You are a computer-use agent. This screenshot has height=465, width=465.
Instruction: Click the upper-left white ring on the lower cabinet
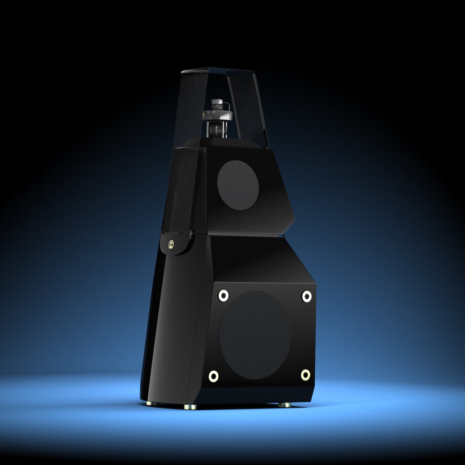[223, 295]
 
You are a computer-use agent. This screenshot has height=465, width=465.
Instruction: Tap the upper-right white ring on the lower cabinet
[307, 296]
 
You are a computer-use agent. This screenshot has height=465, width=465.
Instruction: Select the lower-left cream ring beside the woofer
[214, 376]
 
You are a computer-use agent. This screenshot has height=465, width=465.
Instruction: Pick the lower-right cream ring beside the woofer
[305, 375]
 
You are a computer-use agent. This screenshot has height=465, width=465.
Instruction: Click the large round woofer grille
[255, 335]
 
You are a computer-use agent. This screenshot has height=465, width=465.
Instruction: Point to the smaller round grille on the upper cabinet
[238, 185]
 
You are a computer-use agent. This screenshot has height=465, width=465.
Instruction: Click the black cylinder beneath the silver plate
[216, 129]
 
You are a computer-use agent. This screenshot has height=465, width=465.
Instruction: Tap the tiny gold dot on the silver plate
[204, 115]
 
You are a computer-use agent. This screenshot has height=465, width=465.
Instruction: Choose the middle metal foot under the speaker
[190, 406]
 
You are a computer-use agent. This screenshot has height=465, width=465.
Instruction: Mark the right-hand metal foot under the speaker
[284, 404]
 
